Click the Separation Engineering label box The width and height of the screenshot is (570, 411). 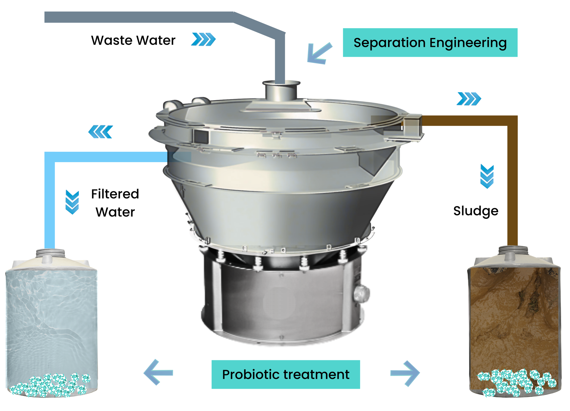click(x=430, y=42)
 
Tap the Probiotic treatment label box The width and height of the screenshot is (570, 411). click(x=286, y=374)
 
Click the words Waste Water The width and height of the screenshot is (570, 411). click(x=133, y=40)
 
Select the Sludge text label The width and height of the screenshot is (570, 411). click(x=476, y=211)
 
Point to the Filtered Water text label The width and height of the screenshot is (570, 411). click(x=115, y=203)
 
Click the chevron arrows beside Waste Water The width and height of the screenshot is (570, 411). click(x=204, y=39)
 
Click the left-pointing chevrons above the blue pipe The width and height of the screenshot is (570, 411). click(x=101, y=132)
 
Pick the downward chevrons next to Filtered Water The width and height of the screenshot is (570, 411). click(x=72, y=202)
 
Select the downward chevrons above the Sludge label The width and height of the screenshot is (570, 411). click(x=487, y=176)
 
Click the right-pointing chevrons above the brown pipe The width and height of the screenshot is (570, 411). click(x=469, y=99)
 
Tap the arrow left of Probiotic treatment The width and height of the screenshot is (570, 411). click(x=158, y=372)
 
